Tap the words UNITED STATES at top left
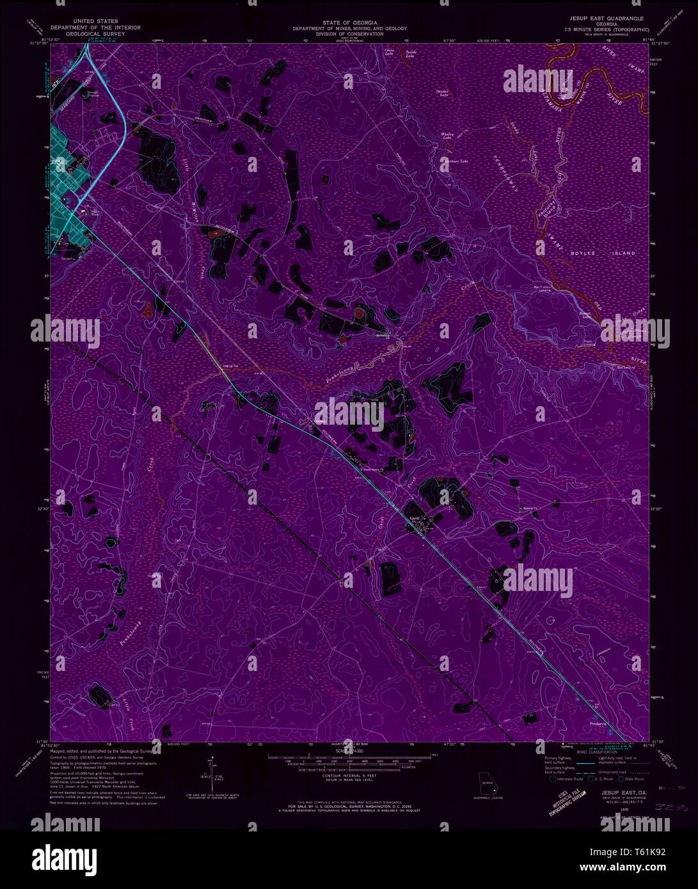(91, 21)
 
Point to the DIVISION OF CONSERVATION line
(349, 34)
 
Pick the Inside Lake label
(410, 54)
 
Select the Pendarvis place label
(598, 723)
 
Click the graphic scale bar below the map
(349, 761)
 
